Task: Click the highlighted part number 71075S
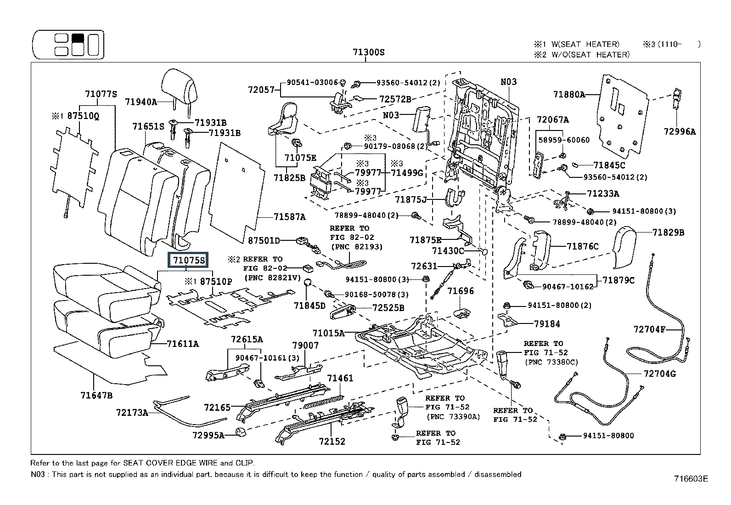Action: pos(189,261)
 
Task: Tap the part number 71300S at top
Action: pos(368,52)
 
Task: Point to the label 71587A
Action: pos(289,217)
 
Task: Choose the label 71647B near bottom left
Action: pos(96,395)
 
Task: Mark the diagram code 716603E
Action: pos(691,479)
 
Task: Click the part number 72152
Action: pos(332,442)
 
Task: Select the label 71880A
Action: pos(569,95)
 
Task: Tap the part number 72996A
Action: pos(679,131)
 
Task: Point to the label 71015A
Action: pos(328,333)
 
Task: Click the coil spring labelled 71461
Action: pos(323,400)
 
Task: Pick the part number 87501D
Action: pos(264,240)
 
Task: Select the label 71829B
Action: pos(668,233)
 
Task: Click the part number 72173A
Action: pos(132,412)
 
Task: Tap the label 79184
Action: pos(547,324)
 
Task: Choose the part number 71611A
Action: pos(183,343)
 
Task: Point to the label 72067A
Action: pos(552,120)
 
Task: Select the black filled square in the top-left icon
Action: pos(78,38)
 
